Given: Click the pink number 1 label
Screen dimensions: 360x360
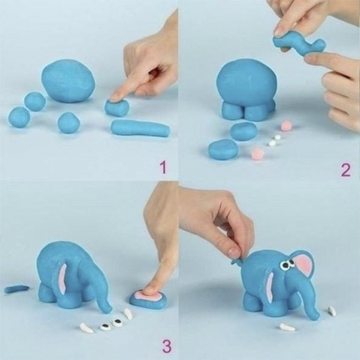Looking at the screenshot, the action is coord(163,167).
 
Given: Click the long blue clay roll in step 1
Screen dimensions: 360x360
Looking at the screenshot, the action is coord(141,128).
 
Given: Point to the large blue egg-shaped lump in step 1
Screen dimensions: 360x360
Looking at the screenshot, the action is coord(69,81).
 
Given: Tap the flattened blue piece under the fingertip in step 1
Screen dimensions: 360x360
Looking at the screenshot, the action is coord(117,107).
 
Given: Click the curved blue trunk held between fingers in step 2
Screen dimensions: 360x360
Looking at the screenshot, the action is coord(299,45).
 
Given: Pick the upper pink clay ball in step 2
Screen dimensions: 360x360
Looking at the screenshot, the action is coord(286,125).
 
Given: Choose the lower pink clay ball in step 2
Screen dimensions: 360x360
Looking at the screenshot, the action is coord(257,153).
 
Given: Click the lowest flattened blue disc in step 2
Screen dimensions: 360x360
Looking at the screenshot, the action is coord(223,149).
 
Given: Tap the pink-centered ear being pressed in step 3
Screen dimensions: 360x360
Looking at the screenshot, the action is coord(148,299).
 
